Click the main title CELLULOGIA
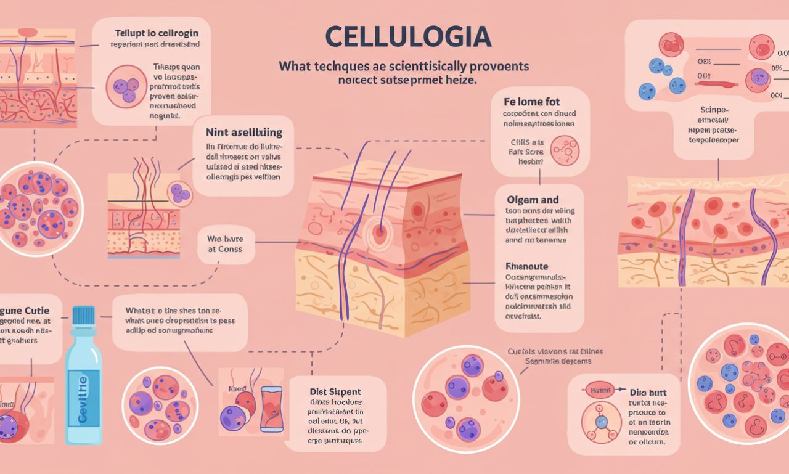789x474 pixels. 408,37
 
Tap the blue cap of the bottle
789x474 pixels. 83,316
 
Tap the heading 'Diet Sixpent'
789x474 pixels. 335,391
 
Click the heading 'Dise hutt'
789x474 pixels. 648,392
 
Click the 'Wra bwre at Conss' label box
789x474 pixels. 224,243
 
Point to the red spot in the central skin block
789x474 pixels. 379,232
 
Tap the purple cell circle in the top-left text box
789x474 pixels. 126,87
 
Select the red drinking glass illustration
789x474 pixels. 271,408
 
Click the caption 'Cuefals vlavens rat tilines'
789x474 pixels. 555,351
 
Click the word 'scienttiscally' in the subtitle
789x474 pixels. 425,66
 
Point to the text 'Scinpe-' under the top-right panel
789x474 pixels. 715,109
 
